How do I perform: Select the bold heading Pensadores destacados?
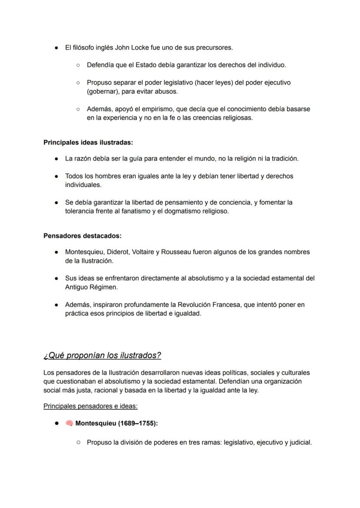83,236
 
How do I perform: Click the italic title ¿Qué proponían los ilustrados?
102,355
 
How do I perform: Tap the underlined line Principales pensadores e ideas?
90,406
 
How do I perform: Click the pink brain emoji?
69,423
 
